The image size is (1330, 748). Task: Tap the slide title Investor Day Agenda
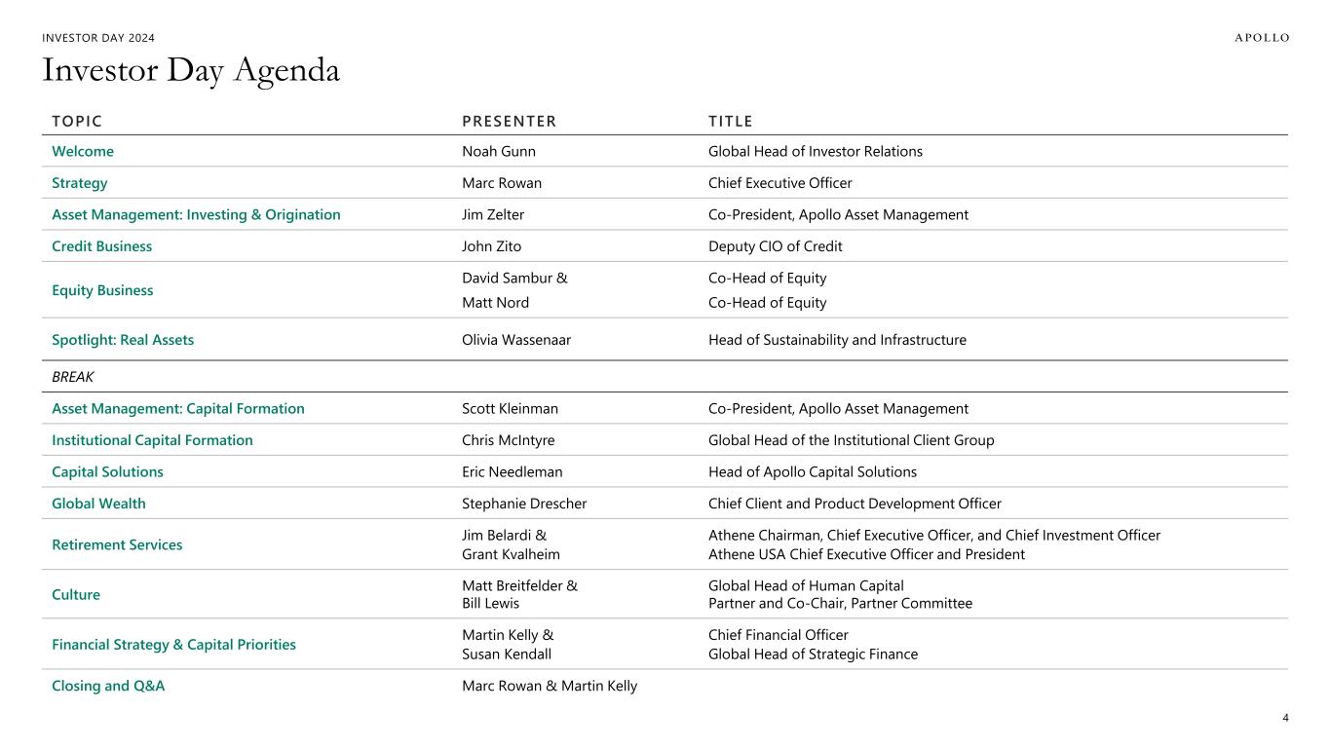191,70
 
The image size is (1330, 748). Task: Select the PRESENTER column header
509,122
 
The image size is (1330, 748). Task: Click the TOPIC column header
77,122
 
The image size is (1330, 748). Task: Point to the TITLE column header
731,122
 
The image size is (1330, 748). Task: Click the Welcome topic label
83,152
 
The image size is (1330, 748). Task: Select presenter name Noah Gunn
499,152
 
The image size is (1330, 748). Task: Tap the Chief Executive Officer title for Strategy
779,183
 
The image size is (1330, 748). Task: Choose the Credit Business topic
102,246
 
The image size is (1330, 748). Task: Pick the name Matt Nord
495,303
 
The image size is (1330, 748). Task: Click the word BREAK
73,377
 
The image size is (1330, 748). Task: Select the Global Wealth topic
98,504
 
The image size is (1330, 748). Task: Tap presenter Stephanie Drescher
524,504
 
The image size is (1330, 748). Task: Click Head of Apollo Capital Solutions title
813,472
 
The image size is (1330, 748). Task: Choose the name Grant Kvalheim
511,554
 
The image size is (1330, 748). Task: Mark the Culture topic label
76,595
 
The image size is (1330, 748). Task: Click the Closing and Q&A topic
108,686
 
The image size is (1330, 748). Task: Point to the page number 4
1285,718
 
